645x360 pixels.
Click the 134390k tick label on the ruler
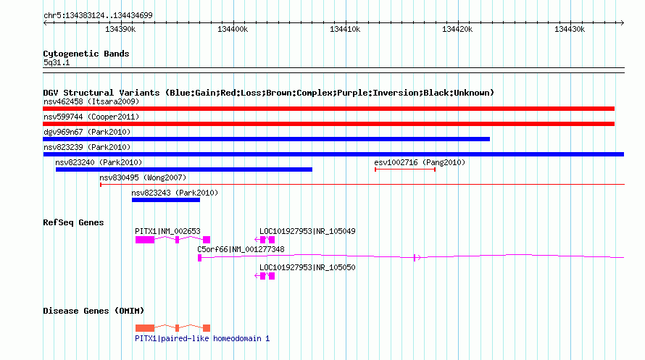click(120, 29)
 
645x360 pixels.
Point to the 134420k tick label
click(457, 29)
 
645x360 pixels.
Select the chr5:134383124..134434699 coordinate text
click(98, 16)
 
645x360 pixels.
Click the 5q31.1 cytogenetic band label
click(57, 62)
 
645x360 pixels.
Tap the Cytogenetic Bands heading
click(86, 54)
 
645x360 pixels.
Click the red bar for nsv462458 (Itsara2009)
click(329, 109)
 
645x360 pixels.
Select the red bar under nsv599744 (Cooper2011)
click(329, 124)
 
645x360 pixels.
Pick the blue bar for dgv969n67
click(266, 139)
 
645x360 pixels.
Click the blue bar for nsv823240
click(184, 169)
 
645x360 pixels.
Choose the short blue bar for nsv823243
click(166, 200)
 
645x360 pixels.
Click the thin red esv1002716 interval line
click(405, 169)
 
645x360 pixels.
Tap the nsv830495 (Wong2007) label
click(143, 177)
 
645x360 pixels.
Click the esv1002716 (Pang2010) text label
click(420, 162)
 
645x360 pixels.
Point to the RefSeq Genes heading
click(73, 222)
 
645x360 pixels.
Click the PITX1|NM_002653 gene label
click(167, 231)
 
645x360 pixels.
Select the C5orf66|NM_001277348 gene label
click(241, 249)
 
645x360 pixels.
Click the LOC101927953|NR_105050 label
click(307, 267)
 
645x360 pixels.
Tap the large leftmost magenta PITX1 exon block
click(145, 240)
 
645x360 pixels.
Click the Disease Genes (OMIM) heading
click(93, 311)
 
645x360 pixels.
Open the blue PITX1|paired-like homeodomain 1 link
click(202, 338)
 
